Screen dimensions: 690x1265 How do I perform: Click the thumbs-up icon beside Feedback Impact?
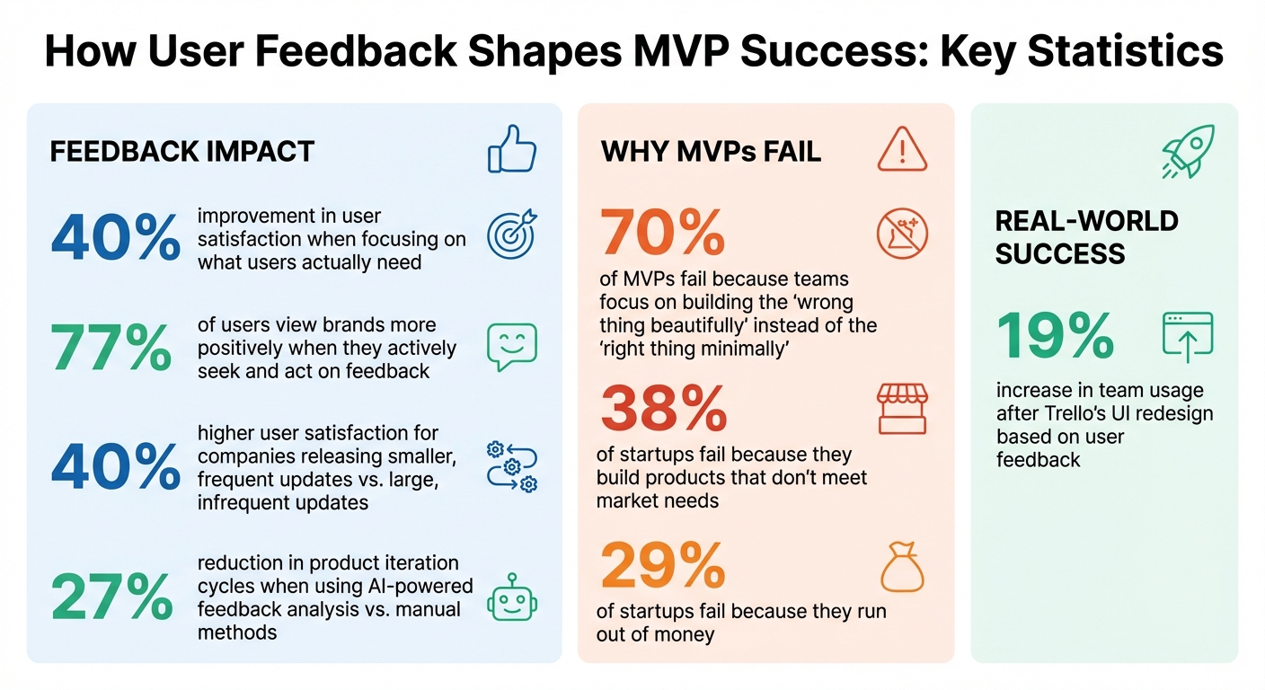pyautogui.click(x=511, y=148)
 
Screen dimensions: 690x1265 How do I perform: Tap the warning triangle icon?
pyautogui.click(x=901, y=148)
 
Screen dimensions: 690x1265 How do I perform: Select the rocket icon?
pyautogui.click(x=1187, y=150)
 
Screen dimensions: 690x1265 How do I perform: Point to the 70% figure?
pyautogui.click(x=662, y=233)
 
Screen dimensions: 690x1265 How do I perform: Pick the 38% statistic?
pyautogui.click(x=662, y=410)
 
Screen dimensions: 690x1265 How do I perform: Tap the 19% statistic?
pyautogui.click(x=1056, y=336)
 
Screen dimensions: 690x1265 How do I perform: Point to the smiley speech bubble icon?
pyautogui.click(x=511, y=348)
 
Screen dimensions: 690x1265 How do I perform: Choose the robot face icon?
pyautogui.click(x=511, y=597)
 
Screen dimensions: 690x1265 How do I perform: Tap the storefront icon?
pyautogui.click(x=901, y=409)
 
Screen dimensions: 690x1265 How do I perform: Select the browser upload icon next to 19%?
pyautogui.click(x=1187, y=337)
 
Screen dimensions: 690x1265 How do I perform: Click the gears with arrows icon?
pyautogui.click(x=511, y=466)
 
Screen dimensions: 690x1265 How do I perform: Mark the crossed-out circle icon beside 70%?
pyautogui.click(x=901, y=234)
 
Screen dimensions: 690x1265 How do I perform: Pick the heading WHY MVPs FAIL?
pyautogui.click(x=711, y=151)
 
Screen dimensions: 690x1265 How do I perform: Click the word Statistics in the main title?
pyautogui.click(x=1123, y=52)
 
